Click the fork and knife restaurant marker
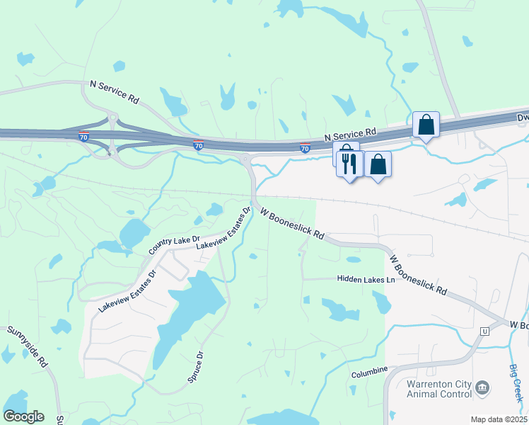pyautogui.click(x=350, y=164)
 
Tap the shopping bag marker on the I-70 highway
pyautogui.click(x=426, y=125)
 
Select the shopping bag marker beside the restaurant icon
pyautogui.click(x=378, y=165)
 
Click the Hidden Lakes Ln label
pyautogui.click(x=365, y=280)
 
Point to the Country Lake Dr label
pyautogui.click(x=175, y=245)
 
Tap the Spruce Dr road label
pyautogui.click(x=195, y=367)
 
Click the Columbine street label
pyautogui.click(x=370, y=371)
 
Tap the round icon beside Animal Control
pyautogui.click(x=482, y=387)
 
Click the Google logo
pyautogui.click(x=23, y=416)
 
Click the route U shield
pyautogui.click(x=484, y=331)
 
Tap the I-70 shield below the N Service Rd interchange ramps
pyautogui.click(x=84, y=137)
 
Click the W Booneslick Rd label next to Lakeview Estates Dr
pyautogui.click(x=291, y=222)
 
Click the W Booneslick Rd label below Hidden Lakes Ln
pyautogui.click(x=417, y=275)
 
